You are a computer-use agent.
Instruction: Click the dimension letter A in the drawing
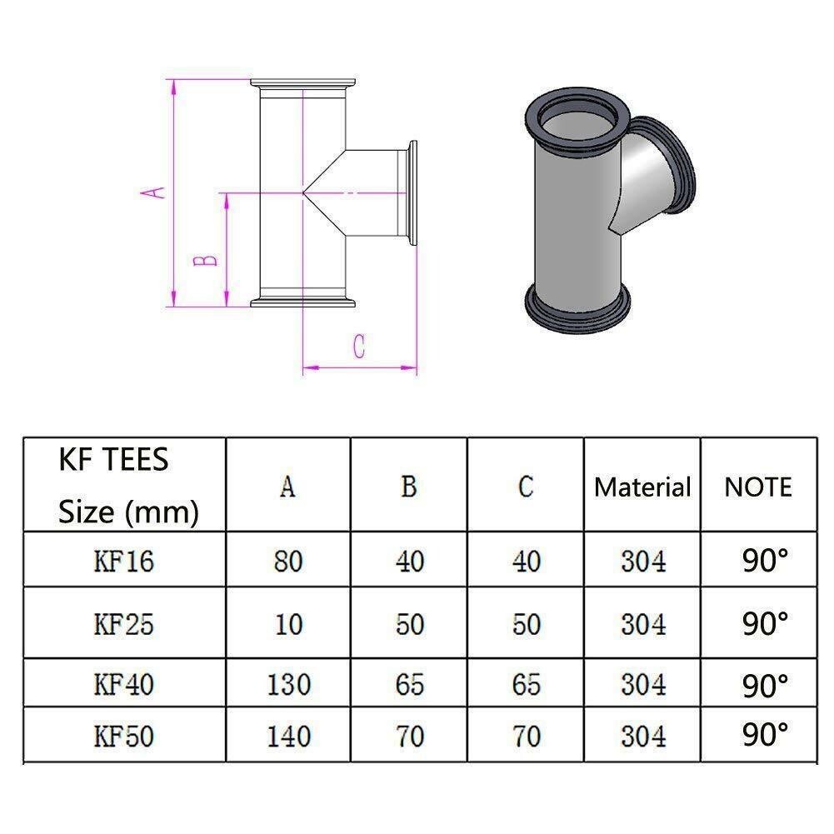click(152, 192)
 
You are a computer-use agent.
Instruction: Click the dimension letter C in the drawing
click(358, 347)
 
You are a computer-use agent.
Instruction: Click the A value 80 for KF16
click(288, 562)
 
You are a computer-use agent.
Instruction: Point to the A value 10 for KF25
click(288, 624)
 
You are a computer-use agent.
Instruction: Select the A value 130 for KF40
click(288, 685)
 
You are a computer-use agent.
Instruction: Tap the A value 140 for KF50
click(288, 737)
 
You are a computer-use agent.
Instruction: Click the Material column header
click(642, 487)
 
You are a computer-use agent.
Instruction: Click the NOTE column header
click(758, 487)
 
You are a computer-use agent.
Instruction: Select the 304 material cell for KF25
click(643, 624)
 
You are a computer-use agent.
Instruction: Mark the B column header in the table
click(408, 487)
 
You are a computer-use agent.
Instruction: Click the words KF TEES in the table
click(113, 459)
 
